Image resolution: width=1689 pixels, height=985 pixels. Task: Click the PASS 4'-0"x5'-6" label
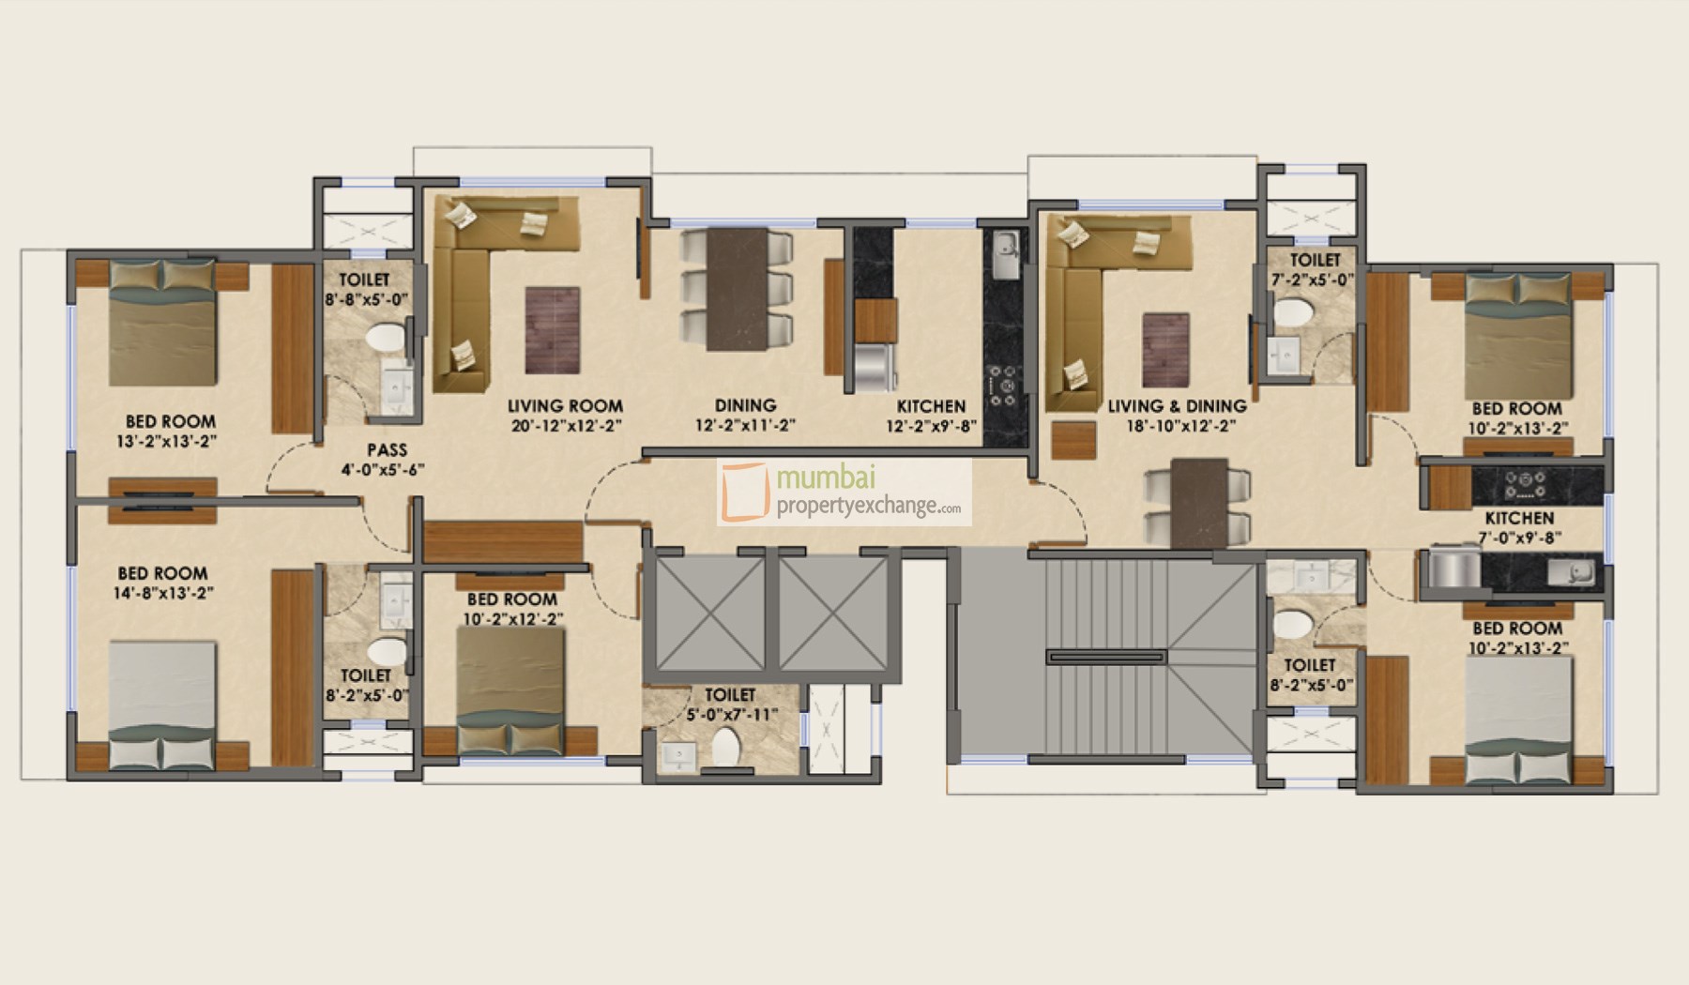[386, 459]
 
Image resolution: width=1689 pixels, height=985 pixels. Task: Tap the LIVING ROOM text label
[565, 406]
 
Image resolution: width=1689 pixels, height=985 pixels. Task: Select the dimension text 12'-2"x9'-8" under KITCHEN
[931, 425]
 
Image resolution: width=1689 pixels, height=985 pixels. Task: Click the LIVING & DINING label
[1177, 406]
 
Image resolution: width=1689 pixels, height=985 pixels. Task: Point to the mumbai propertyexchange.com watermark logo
[844, 492]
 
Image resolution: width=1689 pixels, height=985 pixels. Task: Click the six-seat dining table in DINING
[738, 289]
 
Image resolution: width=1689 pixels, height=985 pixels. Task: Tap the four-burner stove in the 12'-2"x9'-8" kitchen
[1005, 385]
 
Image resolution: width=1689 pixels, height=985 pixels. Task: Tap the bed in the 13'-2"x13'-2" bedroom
[163, 323]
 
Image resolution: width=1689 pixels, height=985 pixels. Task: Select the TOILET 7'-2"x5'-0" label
[1315, 268]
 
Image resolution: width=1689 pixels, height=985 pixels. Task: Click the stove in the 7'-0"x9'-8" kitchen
[1525, 484]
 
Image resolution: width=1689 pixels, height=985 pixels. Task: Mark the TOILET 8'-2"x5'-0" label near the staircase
[1310, 674]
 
